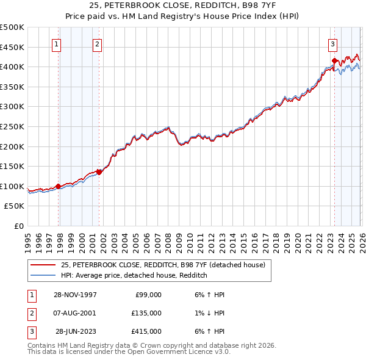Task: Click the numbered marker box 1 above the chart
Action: tap(56, 43)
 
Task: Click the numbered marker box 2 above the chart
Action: tap(97, 43)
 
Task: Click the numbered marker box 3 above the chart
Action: tap(332, 43)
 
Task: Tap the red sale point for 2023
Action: tap(334, 60)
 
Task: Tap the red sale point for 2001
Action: tap(99, 172)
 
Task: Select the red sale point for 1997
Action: tap(59, 186)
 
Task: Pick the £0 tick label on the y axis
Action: tap(18, 226)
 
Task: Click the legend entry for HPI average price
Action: tap(134, 276)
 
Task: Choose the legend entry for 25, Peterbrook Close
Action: tap(162, 265)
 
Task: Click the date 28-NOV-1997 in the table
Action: tap(76, 294)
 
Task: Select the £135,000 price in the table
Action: tap(147, 313)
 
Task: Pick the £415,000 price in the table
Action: tap(147, 332)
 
